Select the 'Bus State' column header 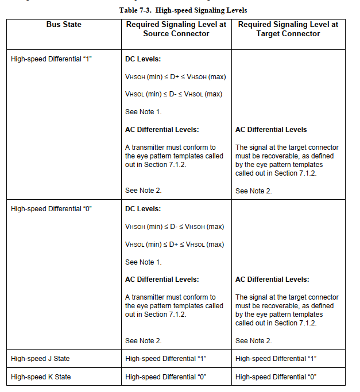point(64,25)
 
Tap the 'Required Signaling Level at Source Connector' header point(176,29)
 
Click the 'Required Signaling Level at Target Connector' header point(288,29)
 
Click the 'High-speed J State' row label point(40,359)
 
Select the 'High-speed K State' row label point(40,377)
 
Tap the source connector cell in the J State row point(165,359)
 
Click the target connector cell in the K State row point(276,377)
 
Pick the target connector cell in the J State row point(276,359)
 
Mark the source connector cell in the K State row point(165,377)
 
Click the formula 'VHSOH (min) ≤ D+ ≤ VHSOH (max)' point(175,77)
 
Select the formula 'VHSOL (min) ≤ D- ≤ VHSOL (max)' point(173,94)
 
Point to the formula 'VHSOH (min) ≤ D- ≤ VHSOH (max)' point(174,227)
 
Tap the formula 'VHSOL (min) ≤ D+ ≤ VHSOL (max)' point(174,244)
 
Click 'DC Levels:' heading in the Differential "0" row point(143,209)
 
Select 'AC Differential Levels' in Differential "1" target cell point(271,130)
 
